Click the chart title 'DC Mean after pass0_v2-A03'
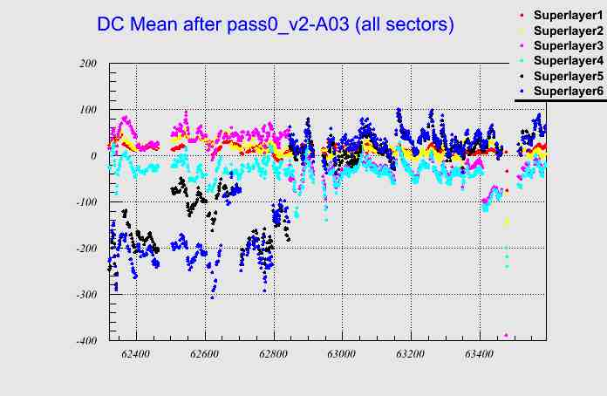point(276,25)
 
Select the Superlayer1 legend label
point(567,16)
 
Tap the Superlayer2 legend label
point(567,31)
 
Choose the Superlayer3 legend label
point(567,45)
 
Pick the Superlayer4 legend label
point(567,61)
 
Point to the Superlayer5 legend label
point(567,76)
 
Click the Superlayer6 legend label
point(567,91)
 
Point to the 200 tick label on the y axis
point(87,64)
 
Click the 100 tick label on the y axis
point(87,110)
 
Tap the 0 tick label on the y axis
point(93,156)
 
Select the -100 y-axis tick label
point(85,202)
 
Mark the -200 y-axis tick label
point(85,249)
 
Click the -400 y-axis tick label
point(85,340)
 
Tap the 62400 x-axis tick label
point(136,355)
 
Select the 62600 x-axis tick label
point(205,355)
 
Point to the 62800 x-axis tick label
point(274,355)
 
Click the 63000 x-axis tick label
point(342,355)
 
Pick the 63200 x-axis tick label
point(411,355)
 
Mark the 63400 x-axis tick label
point(480,355)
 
